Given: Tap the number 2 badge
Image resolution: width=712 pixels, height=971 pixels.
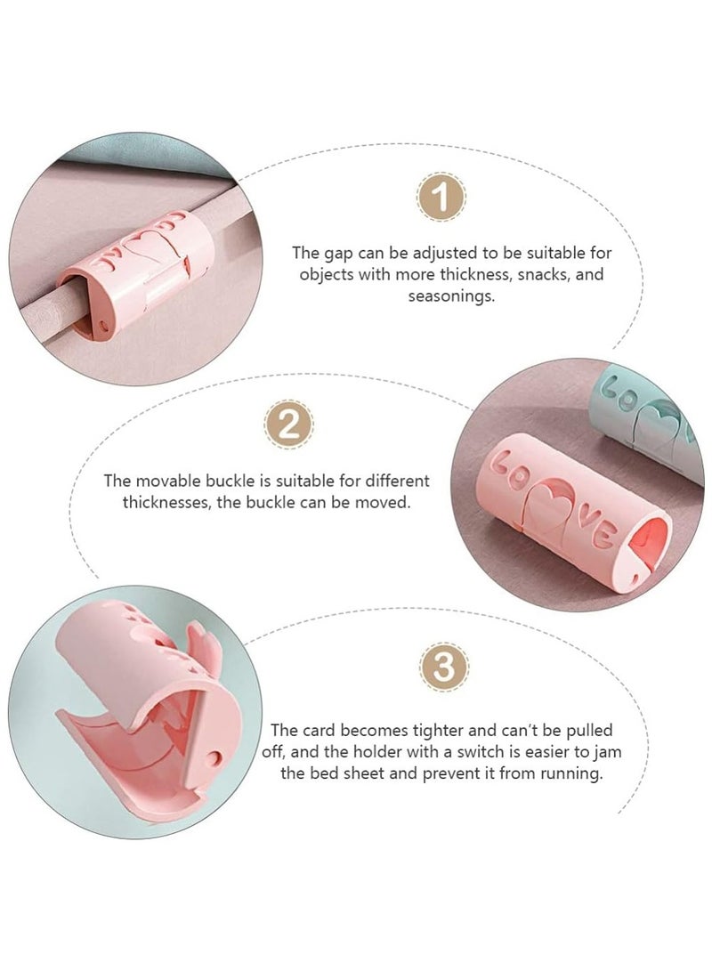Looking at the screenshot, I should click(287, 425).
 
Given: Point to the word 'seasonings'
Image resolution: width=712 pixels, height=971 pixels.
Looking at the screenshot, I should click(451, 295).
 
